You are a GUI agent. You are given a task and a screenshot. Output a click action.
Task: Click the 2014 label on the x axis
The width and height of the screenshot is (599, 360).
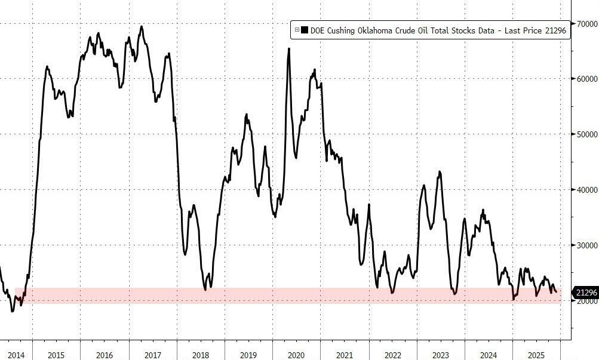(16, 355)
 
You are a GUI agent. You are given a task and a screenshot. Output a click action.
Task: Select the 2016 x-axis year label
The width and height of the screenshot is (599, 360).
(105, 355)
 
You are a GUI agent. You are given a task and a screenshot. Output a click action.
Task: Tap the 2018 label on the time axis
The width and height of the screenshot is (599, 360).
(201, 355)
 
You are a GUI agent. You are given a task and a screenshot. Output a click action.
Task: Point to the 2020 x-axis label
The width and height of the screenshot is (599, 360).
(296, 355)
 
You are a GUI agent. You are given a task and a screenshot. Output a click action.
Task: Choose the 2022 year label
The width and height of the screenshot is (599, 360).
(392, 355)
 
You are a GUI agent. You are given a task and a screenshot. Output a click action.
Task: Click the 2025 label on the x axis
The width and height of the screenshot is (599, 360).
(537, 355)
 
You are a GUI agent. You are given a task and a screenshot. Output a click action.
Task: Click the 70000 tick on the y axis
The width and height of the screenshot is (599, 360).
(586, 24)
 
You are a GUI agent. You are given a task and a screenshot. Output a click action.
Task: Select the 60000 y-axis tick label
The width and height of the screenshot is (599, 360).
(586, 79)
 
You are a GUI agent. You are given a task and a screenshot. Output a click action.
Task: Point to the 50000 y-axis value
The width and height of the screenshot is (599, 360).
(586, 135)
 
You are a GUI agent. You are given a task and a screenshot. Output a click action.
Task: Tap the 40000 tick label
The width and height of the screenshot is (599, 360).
(586, 190)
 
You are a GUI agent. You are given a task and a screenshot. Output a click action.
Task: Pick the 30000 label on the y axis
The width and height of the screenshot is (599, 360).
(586, 245)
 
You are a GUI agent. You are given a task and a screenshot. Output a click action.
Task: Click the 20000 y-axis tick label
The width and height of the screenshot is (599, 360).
(586, 301)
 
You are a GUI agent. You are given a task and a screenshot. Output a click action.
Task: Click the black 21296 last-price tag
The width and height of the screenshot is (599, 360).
(585, 293)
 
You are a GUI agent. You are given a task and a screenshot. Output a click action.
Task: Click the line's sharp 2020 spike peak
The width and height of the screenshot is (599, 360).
(289, 49)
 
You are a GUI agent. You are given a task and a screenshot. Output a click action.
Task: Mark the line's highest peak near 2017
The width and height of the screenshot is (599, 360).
(142, 26)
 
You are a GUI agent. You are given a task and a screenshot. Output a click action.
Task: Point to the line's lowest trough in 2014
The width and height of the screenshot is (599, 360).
(13, 311)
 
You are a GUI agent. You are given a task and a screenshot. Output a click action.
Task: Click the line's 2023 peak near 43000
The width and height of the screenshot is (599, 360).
(440, 172)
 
